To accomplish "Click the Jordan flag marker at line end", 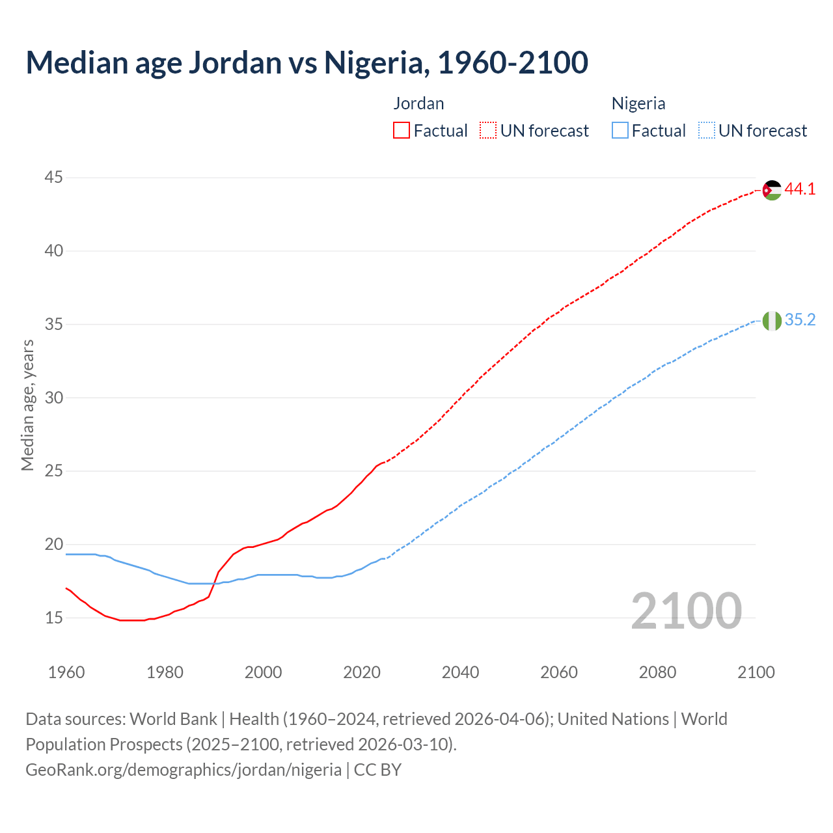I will click(x=772, y=190).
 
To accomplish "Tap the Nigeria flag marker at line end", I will click(x=772, y=321).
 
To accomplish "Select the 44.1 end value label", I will click(x=800, y=189).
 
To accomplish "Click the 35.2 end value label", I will click(x=800, y=320).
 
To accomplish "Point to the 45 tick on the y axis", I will click(x=54, y=178).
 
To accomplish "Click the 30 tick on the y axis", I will click(x=54, y=398).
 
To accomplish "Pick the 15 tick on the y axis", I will click(x=54, y=618).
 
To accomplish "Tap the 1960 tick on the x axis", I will click(x=66, y=672).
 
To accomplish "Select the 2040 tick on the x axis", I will click(x=460, y=672).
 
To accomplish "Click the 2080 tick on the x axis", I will click(x=657, y=672).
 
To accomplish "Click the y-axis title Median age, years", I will click(x=27, y=405).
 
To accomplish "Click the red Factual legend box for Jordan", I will click(x=402, y=131).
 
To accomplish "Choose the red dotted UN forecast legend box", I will click(x=488, y=131).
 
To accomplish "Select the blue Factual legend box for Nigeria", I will click(x=620, y=131).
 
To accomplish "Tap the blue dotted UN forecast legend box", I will click(x=707, y=131).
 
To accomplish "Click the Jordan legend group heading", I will click(x=418, y=103).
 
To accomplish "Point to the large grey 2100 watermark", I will click(x=687, y=611).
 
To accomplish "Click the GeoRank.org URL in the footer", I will click(x=184, y=770).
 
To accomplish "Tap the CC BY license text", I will click(x=377, y=770).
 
